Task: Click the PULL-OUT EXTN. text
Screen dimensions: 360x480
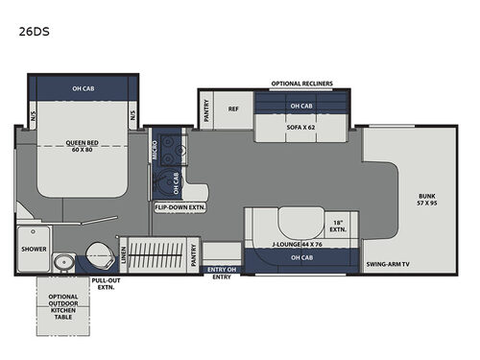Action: tap(106, 285)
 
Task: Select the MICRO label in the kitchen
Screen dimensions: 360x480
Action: tap(155, 150)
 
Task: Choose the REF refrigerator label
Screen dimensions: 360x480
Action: tap(233, 109)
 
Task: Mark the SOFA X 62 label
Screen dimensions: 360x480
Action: tap(300, 126)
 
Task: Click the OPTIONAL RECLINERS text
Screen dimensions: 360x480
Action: tap(301, 84)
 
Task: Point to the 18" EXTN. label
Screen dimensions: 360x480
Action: tap(338, 228)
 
